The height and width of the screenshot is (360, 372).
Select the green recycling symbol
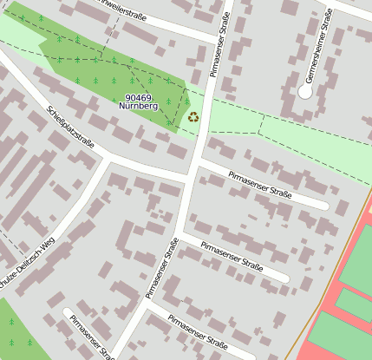(193, 116)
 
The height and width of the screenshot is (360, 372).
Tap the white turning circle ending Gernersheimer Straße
(304, 90)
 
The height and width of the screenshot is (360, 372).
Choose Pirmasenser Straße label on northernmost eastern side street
(260, 186)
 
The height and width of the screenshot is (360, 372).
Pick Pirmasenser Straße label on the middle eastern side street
(231, 256)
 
